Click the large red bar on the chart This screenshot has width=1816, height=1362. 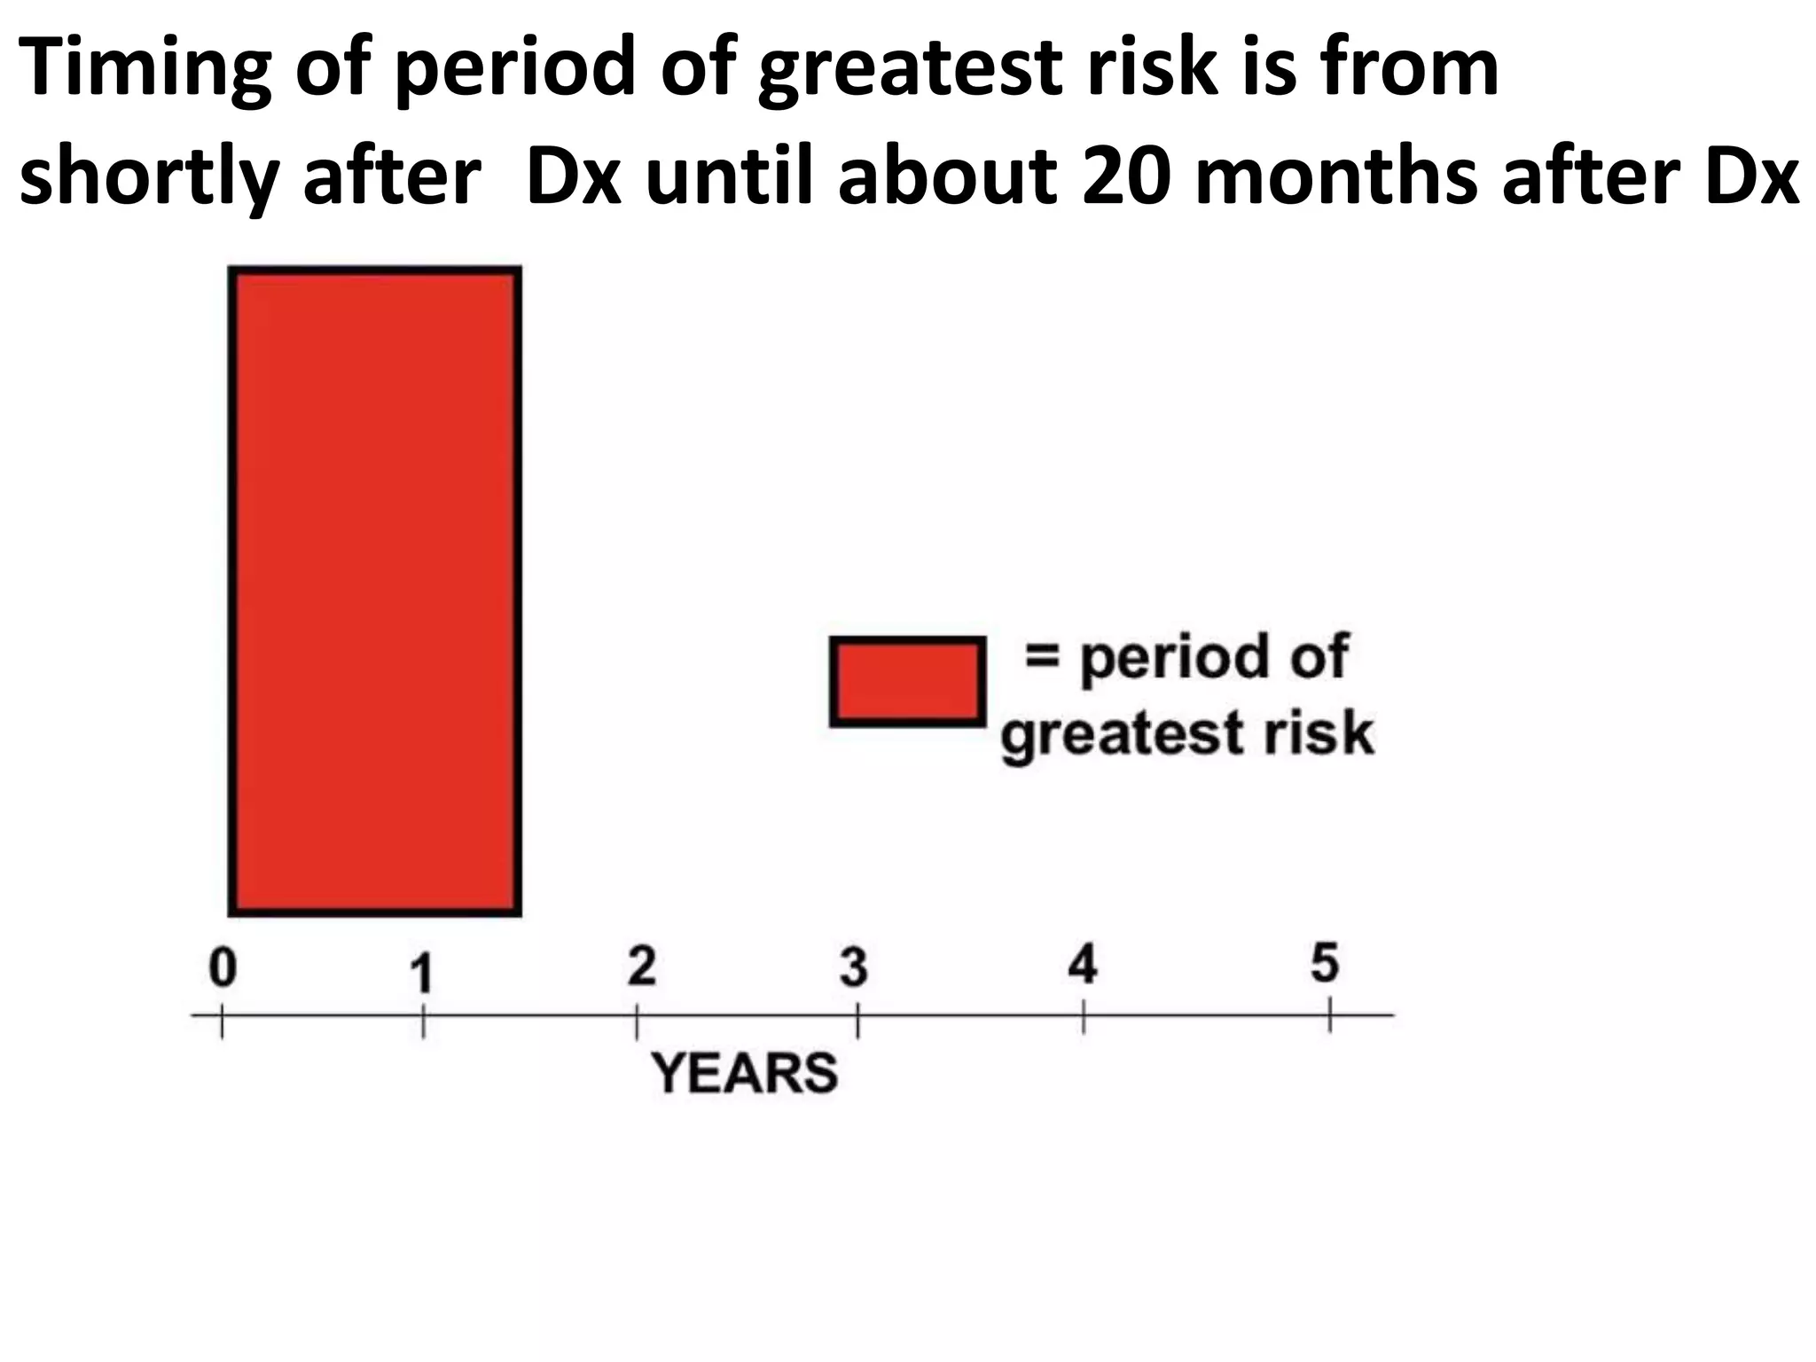click(x=375, y=591)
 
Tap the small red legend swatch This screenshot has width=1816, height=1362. click(x=907, y=681)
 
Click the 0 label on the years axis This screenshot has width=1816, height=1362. click(x=223, y=967)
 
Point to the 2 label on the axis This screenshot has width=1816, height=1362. click(x=641, y=966)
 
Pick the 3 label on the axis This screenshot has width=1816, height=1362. click(x=853, y=967)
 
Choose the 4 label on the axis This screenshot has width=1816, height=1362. click(x=1083, y=964)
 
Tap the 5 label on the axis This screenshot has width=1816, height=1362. click(x=1324, y=962)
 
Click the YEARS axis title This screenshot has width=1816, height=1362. click(x=744, y=1073)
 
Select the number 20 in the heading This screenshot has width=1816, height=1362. click(x=1127, y=176)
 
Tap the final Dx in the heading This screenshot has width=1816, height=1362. click(x=1750, y=176)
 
